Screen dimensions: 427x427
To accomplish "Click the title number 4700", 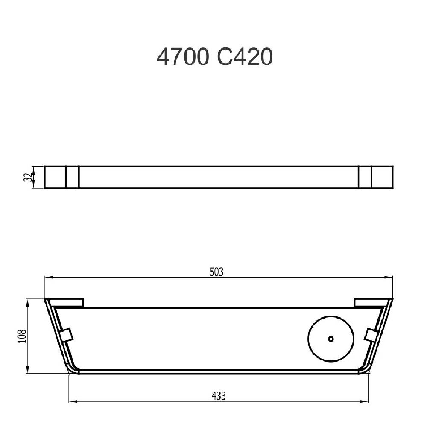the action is (183, 57).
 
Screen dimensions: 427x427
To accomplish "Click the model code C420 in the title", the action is (245, 57).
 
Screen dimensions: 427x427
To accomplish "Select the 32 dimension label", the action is (28, 177).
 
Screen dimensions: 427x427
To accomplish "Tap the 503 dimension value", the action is (216, 272).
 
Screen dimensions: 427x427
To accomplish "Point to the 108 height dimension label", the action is (22, 336).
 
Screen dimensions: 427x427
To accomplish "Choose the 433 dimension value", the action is (219, 396).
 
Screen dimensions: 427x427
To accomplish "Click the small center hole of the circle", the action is (331, 339).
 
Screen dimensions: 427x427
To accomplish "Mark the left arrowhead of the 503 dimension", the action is (48, 277).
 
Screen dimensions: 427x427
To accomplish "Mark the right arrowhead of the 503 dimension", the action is (389, 277).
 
